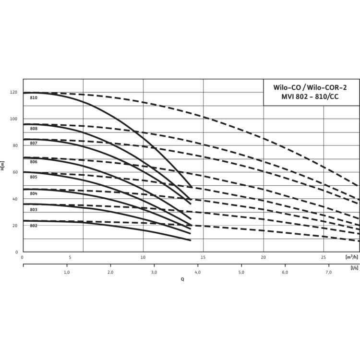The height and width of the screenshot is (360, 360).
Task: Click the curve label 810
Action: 34,97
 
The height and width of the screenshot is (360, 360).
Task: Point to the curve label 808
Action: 34,129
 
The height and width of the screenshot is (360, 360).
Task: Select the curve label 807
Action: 34,144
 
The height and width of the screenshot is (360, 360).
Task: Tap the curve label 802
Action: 34,226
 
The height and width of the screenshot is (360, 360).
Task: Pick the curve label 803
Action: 34,210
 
